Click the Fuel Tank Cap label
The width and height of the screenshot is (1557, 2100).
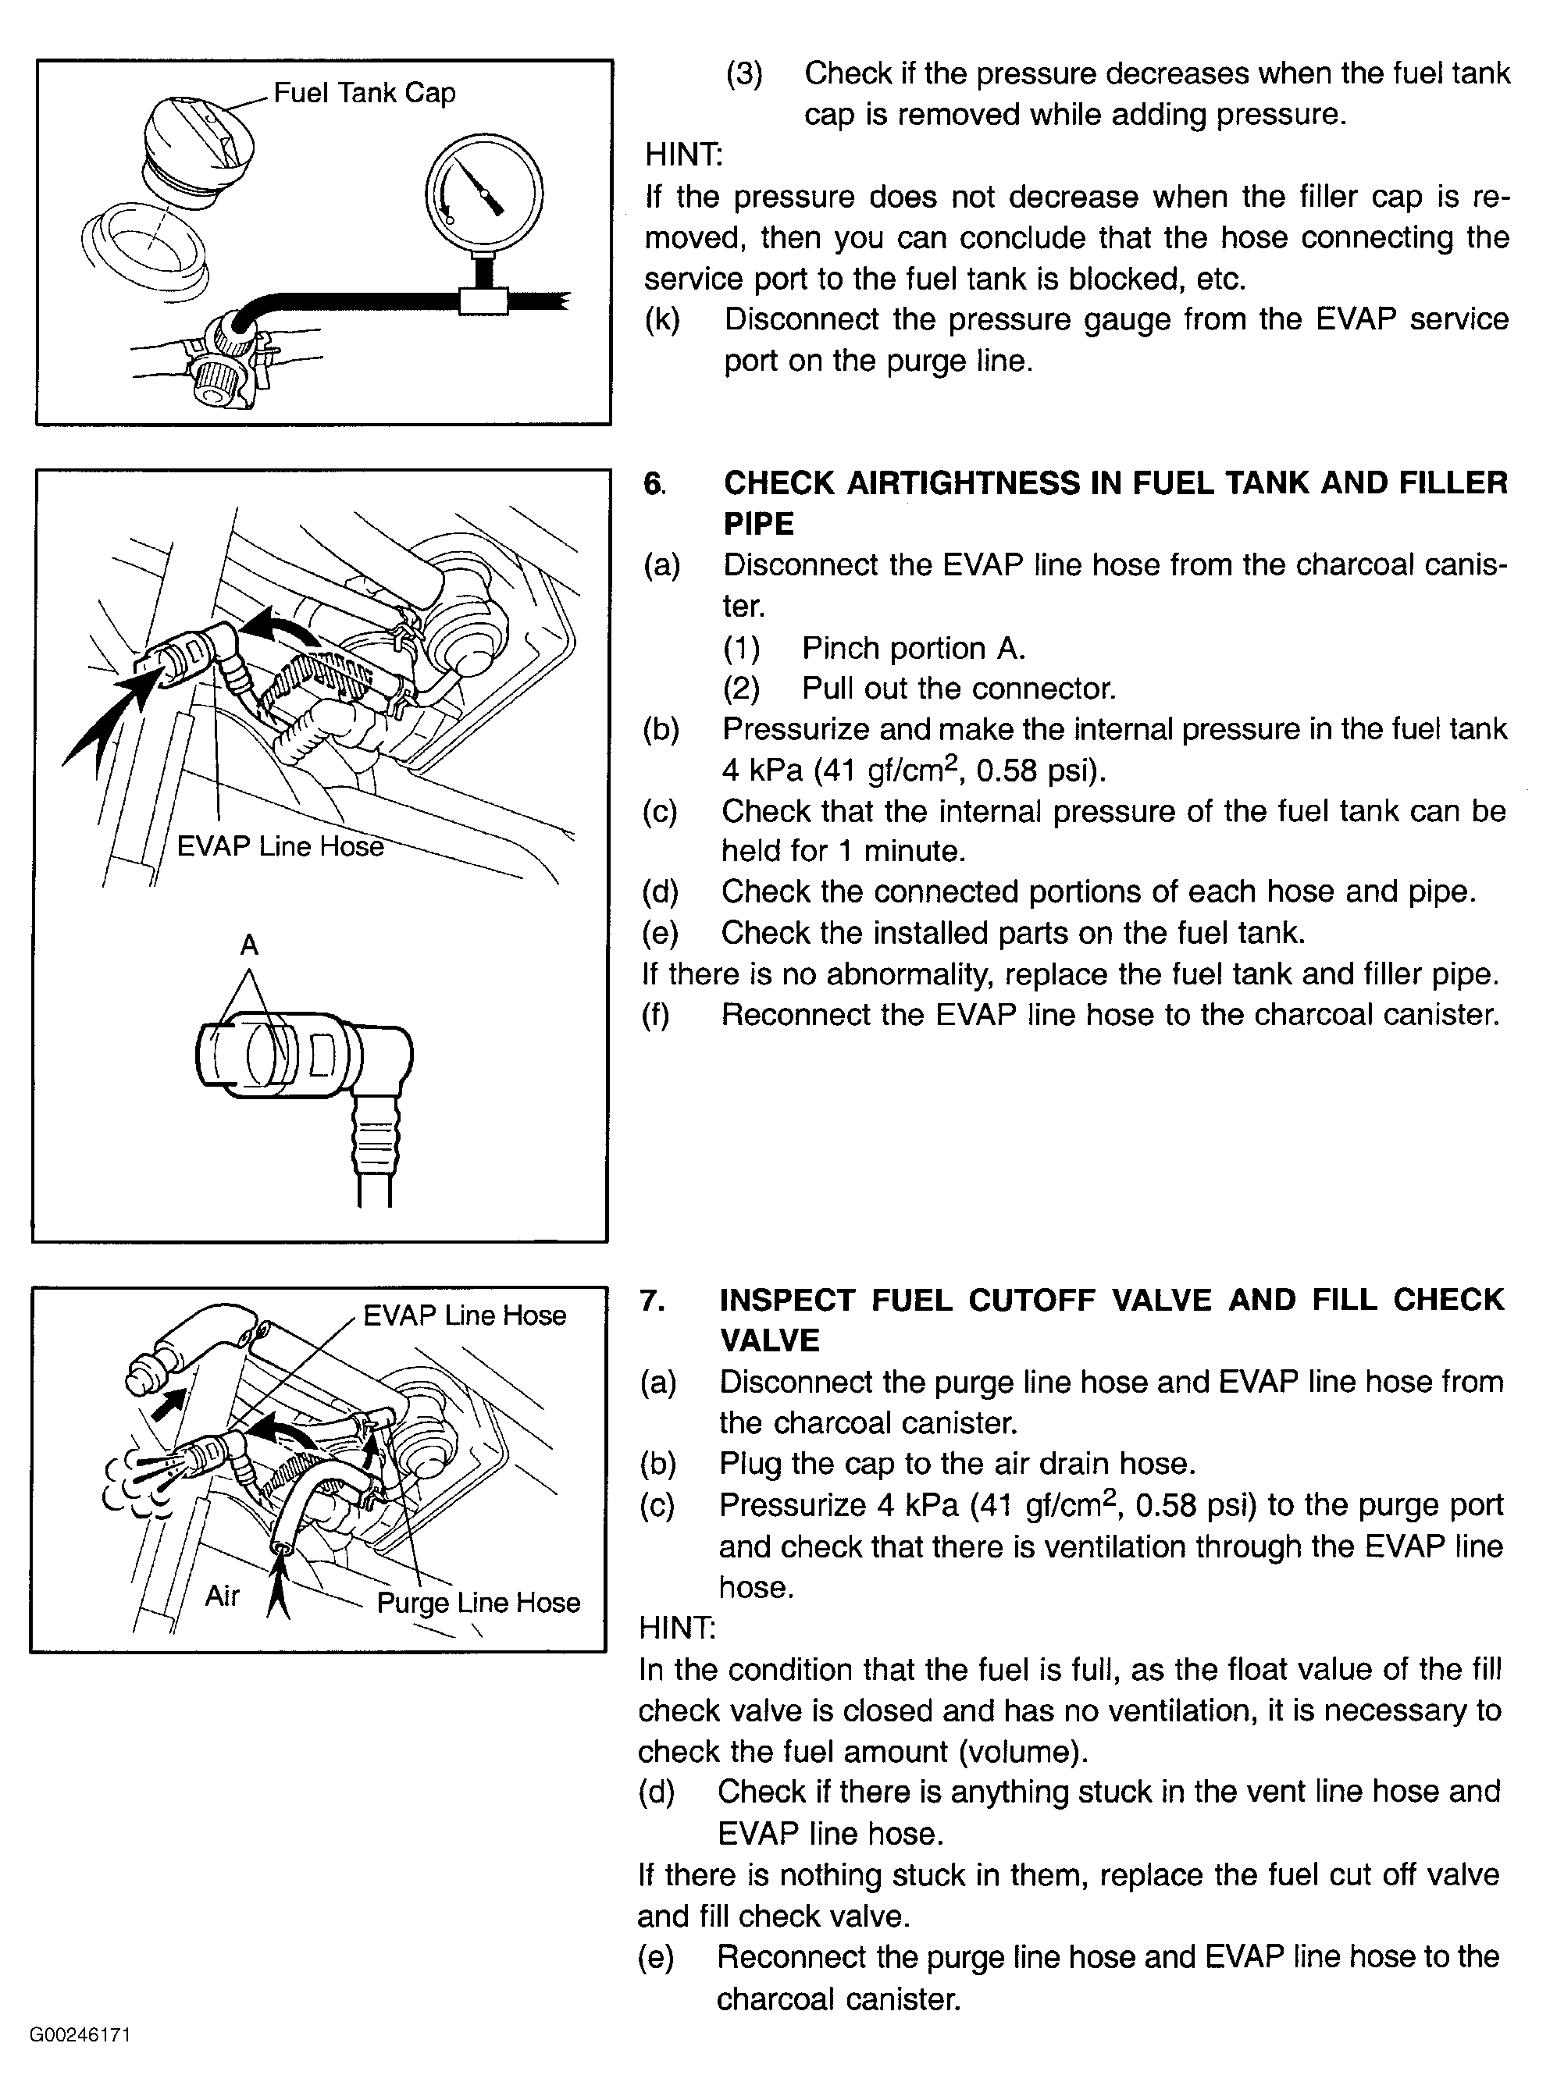coord(364,92)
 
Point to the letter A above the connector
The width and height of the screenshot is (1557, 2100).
coord(249,944)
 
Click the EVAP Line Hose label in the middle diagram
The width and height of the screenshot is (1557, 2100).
coord(280,846)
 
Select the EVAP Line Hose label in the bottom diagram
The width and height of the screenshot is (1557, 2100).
coord(464,1315)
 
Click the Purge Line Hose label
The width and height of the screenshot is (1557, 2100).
coord(478,1603)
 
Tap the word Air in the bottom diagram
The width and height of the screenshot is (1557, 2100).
coord(223,1595)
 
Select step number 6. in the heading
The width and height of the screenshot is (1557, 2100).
coord(654,483)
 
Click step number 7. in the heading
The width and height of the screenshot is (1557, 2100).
coord(651,1300)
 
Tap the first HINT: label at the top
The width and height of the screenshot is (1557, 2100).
coord(683,155)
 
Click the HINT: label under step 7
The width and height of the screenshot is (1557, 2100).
coord(677,1627)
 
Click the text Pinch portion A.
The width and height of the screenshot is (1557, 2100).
coord(912,648)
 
